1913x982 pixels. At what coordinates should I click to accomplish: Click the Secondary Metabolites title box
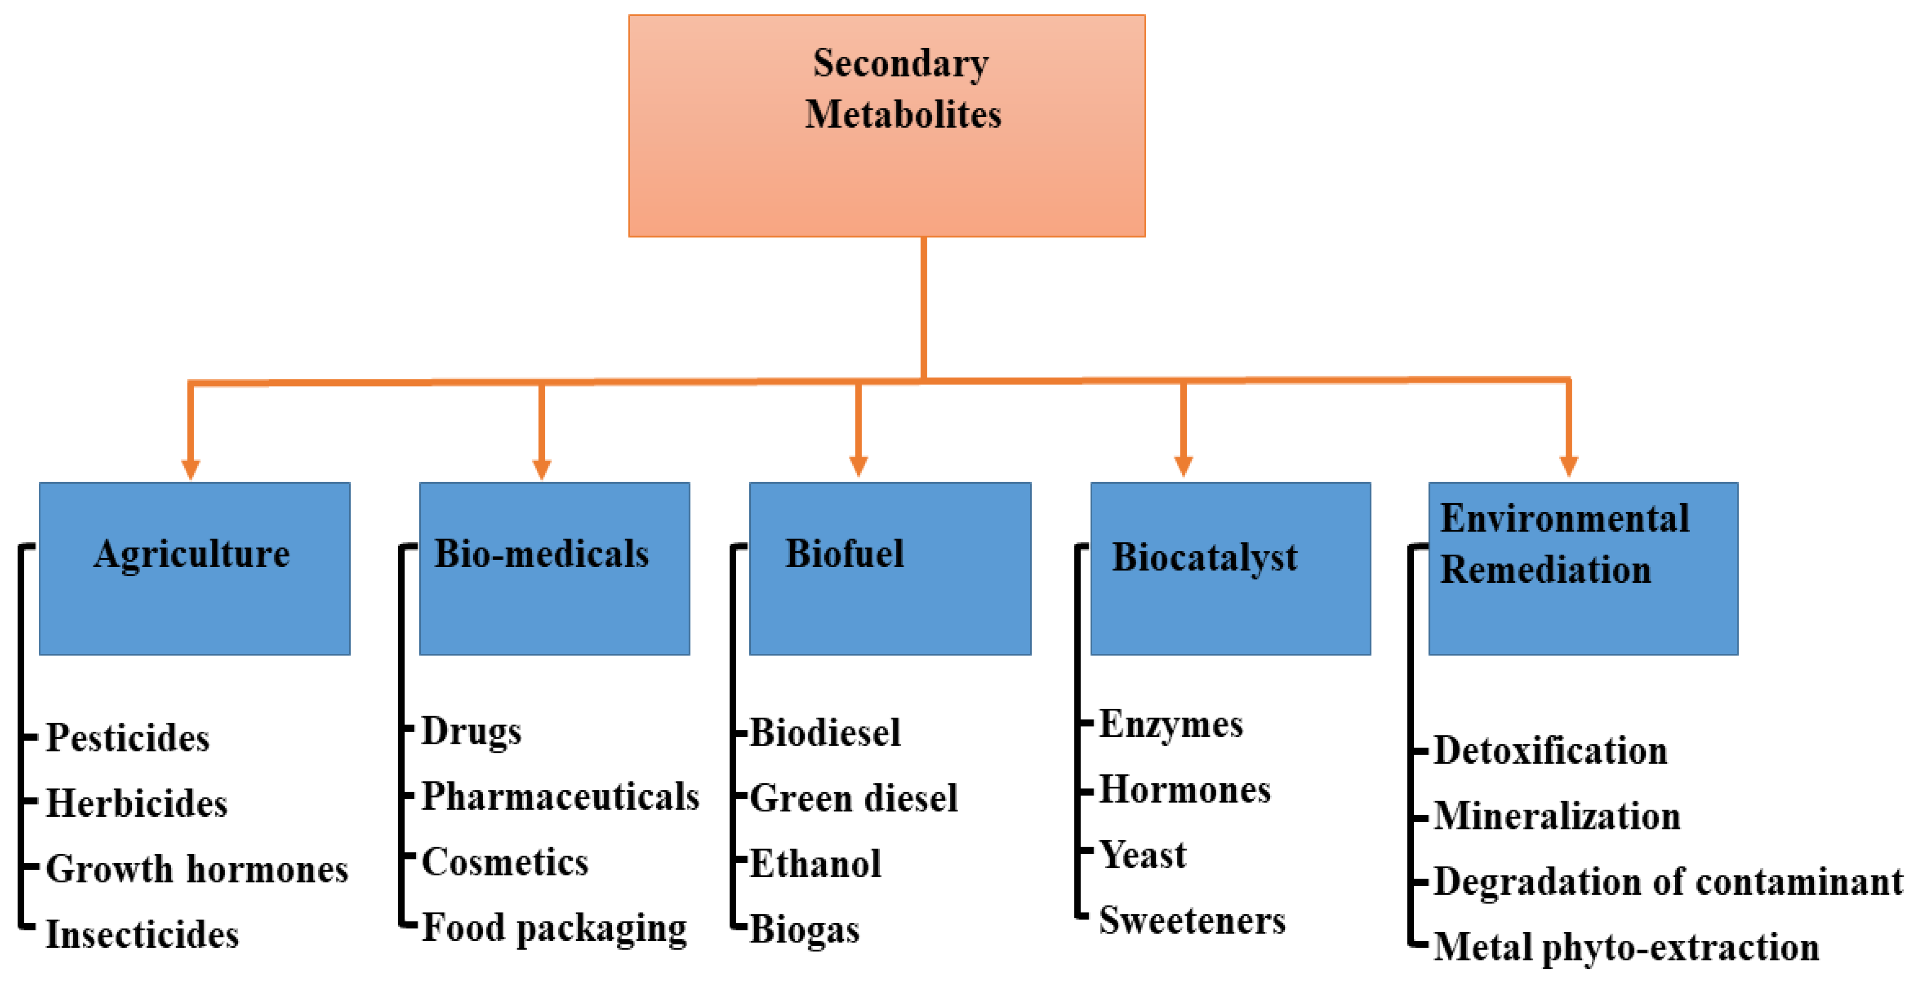(887, 126)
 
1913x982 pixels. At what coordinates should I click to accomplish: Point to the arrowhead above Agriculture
(191, 469)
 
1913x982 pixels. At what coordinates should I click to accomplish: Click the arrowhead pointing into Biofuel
(859, 466)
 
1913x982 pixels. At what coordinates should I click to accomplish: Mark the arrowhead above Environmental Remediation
(1568, 466)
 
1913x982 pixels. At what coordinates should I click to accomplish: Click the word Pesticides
(128, 738)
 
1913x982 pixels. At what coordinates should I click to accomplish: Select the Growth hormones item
(197, 869)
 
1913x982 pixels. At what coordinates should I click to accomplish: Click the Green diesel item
(853, 799)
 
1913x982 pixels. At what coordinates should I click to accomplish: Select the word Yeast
(1142, 855)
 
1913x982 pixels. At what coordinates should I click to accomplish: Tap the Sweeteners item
(1192, 921)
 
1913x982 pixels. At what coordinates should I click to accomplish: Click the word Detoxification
(1550, 751)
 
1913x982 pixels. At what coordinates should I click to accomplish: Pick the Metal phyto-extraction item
(1626, 948)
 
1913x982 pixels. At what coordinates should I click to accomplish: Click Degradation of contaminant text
(1667, 882)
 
